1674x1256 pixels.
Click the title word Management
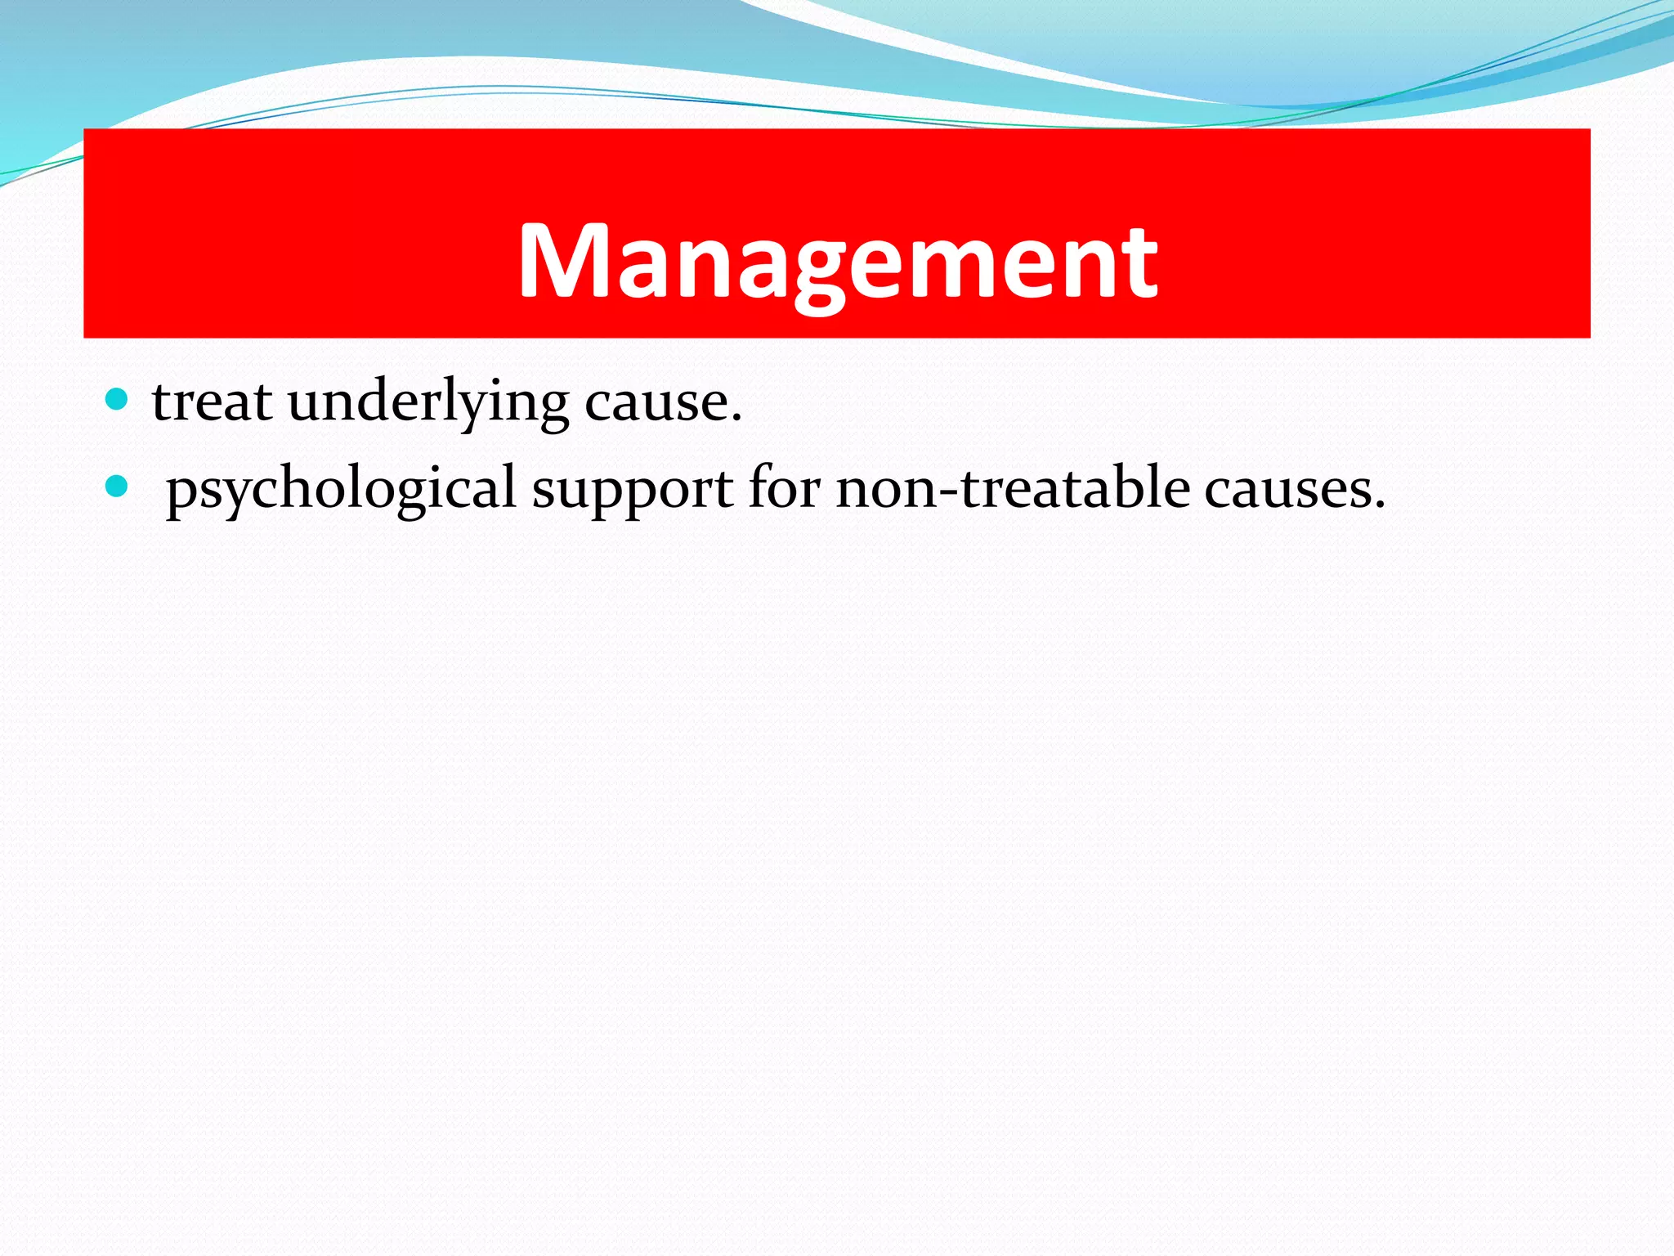(x=837, y=262)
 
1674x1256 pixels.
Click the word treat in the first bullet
(x=212, y=402)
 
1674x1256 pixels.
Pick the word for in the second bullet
(x=784, y=488)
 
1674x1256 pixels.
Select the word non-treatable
(x=1012, y=488)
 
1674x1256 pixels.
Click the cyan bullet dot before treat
(x=118, y=400)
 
